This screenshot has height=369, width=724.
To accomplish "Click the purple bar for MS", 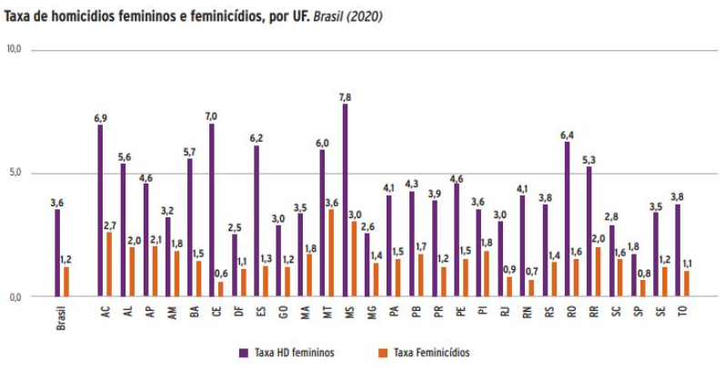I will point(345,200).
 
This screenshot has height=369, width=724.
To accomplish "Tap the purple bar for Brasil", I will point(57,253).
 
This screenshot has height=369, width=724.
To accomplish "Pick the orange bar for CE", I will point(220,289).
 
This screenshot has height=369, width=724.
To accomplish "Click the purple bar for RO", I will point(567,218).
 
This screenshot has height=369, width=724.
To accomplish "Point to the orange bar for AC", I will point(109,264).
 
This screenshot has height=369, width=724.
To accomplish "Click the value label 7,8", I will point(345,96).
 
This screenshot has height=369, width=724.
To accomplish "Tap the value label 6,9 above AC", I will point(100,118).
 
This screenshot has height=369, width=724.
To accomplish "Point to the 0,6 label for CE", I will point(221,274).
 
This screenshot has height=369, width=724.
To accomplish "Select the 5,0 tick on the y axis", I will point(15,173).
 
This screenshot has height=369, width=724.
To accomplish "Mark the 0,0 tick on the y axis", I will point(15,296).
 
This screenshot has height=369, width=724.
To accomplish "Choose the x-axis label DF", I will point(238,312).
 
